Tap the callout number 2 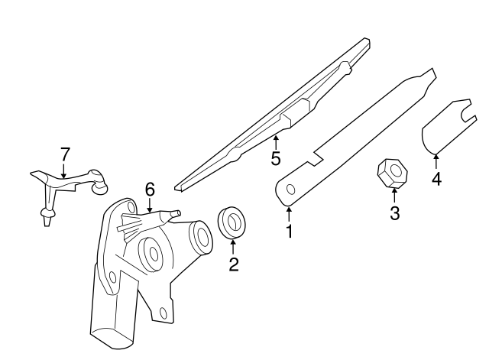click(x=234, y=264)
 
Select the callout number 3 click(x=395, y=213)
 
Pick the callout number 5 click(x=276, y=159)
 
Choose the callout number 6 click(x=150, y=188)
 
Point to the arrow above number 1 click(x=289, y=212)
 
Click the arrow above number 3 click(x=395, y=196)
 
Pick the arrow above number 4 click(x=436, y=162)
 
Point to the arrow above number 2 click(x=234, y=246)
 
